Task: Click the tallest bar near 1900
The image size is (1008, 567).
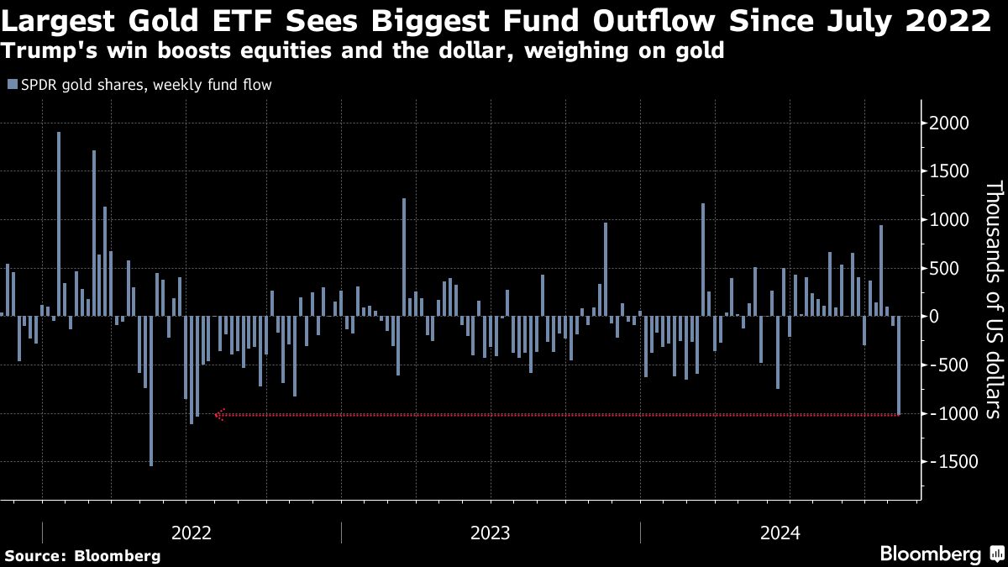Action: (x=59, y=223)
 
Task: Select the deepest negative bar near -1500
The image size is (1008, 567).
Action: (x=151, y=391)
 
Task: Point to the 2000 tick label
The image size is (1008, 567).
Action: (x=950, y=123)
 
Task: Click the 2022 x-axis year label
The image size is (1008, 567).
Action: (x=192, y=533)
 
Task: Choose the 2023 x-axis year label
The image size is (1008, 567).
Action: (x=490, y=533)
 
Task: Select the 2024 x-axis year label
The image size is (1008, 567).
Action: (x=780, y=533)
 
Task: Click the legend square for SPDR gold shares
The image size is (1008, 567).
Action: (x=11, y=84)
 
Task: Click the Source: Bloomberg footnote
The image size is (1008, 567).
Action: (x=82, y=555)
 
